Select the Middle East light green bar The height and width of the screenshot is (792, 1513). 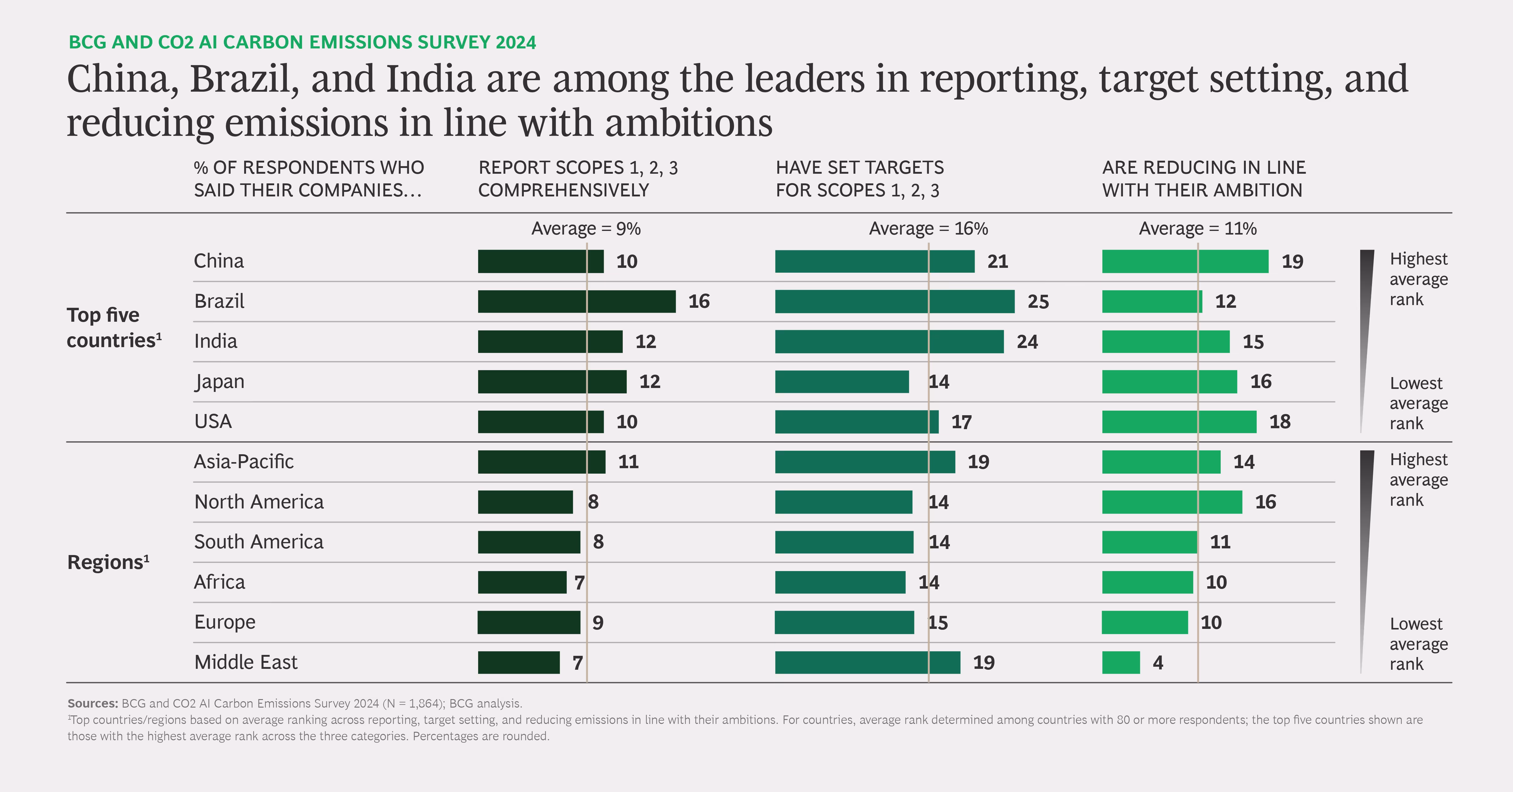[1121, 662]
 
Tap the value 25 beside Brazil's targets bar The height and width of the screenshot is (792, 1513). [1038, 301]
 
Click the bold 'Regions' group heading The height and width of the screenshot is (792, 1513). [108, 562]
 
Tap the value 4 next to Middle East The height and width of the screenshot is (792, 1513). [1158, 663]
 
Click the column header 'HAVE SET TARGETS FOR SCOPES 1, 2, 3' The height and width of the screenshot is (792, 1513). [859, 179]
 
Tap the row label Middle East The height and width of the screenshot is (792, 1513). [245, 662]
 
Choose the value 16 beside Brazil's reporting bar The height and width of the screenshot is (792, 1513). [699, 301]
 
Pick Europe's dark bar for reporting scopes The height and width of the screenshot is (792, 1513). [529, 622]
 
